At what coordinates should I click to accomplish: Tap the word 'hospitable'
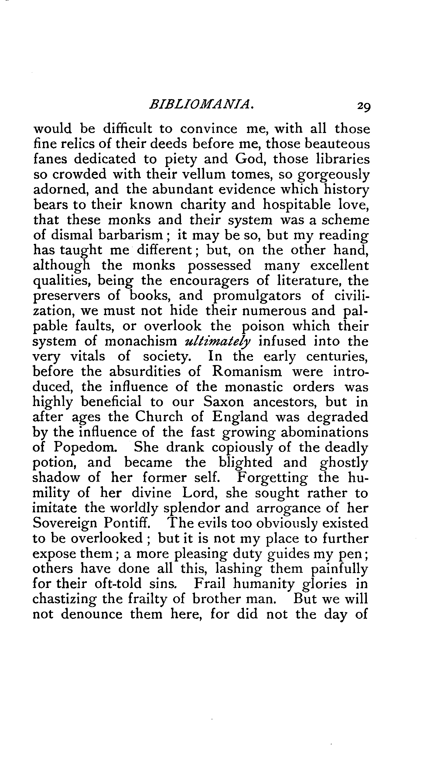tap(296, 205)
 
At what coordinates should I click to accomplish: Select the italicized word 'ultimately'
tap(218, 342)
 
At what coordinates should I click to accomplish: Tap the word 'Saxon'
tap(224, 402)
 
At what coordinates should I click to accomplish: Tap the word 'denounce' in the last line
tap(92, 615)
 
